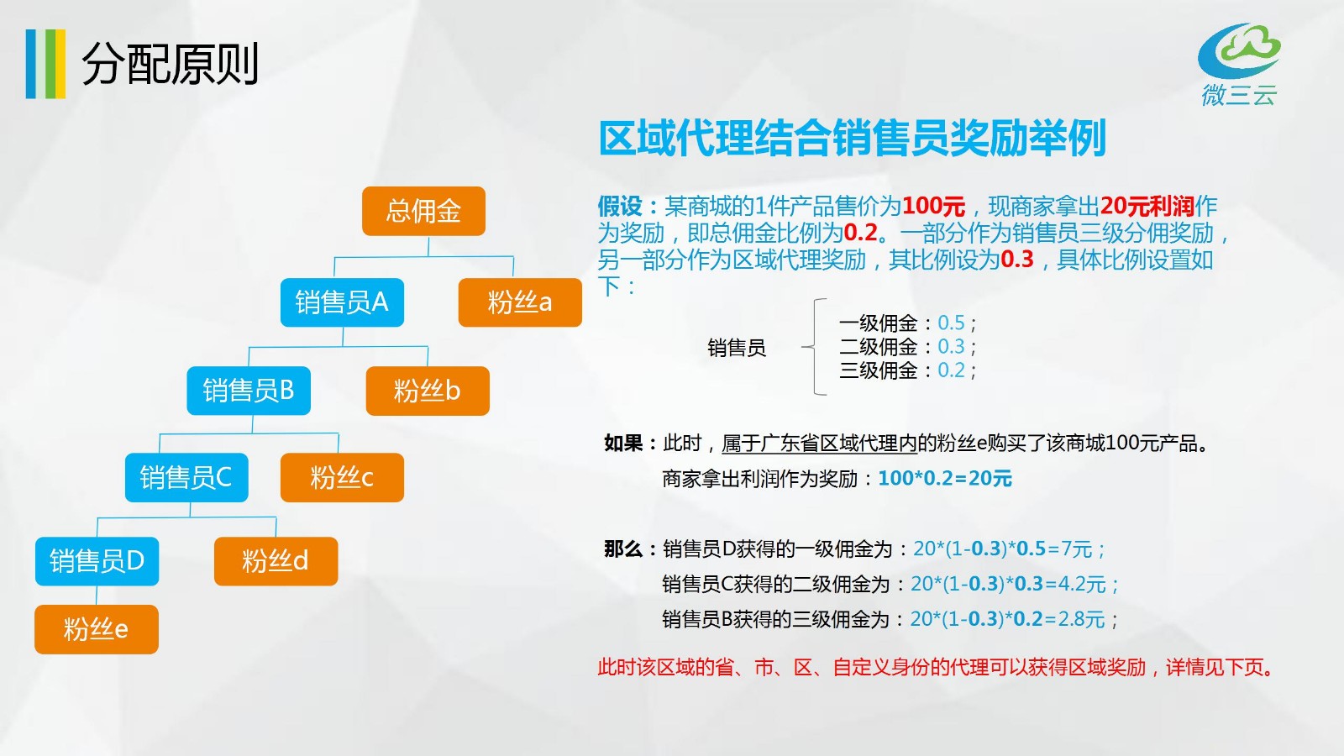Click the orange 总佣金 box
[423, 211]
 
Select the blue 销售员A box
[342, 302]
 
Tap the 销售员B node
[249, 391]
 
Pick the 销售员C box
[186, 478]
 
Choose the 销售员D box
[97, 561]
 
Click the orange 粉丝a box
[520, 302]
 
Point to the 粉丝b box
[428, 391]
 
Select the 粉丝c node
[342, 478]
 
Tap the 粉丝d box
[276, 561]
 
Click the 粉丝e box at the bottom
[97, 629]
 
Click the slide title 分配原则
[170, 64]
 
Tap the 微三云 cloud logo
[1239, 64]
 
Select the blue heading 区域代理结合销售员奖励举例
[852, 139]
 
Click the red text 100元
[933, 207]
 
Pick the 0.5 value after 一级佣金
[951, 323]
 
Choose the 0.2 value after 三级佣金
[951, 370]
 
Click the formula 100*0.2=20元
[945, 478]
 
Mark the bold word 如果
[623, 444]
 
